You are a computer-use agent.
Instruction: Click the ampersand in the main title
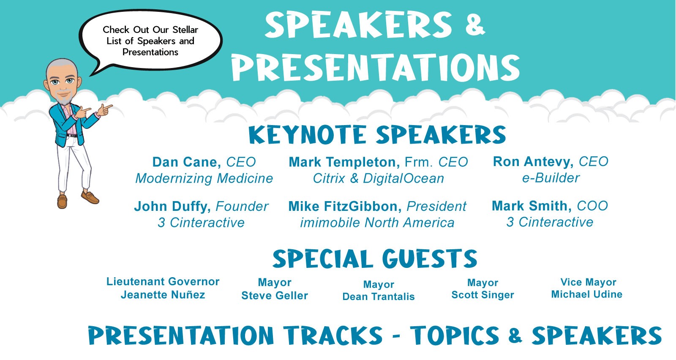pyautogui.click(x=475, y=25)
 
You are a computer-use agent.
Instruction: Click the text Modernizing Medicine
pyautogui.click(x=204, y=178)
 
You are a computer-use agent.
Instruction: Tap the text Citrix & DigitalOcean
pyautogui.click(x=379, y=178)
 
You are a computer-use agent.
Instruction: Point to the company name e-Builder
pyautogui.click(x=551, y=178)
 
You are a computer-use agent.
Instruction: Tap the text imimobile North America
pyautogui.click(x=377, y=223)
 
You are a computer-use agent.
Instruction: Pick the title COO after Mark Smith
pyautogui.click(x=592, y=206)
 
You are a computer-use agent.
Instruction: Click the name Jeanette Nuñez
pyautogui.click(x=163, y=295)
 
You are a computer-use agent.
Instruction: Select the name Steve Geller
pyautogui.click(x=275, y=295)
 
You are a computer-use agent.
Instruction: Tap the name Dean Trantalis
pyautogui.click(x=379, y=297)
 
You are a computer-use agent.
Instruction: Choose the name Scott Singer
pyautogui.click(x=482, y=295)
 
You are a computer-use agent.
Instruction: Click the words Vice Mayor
pyautogui.click(x=588, y=282)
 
